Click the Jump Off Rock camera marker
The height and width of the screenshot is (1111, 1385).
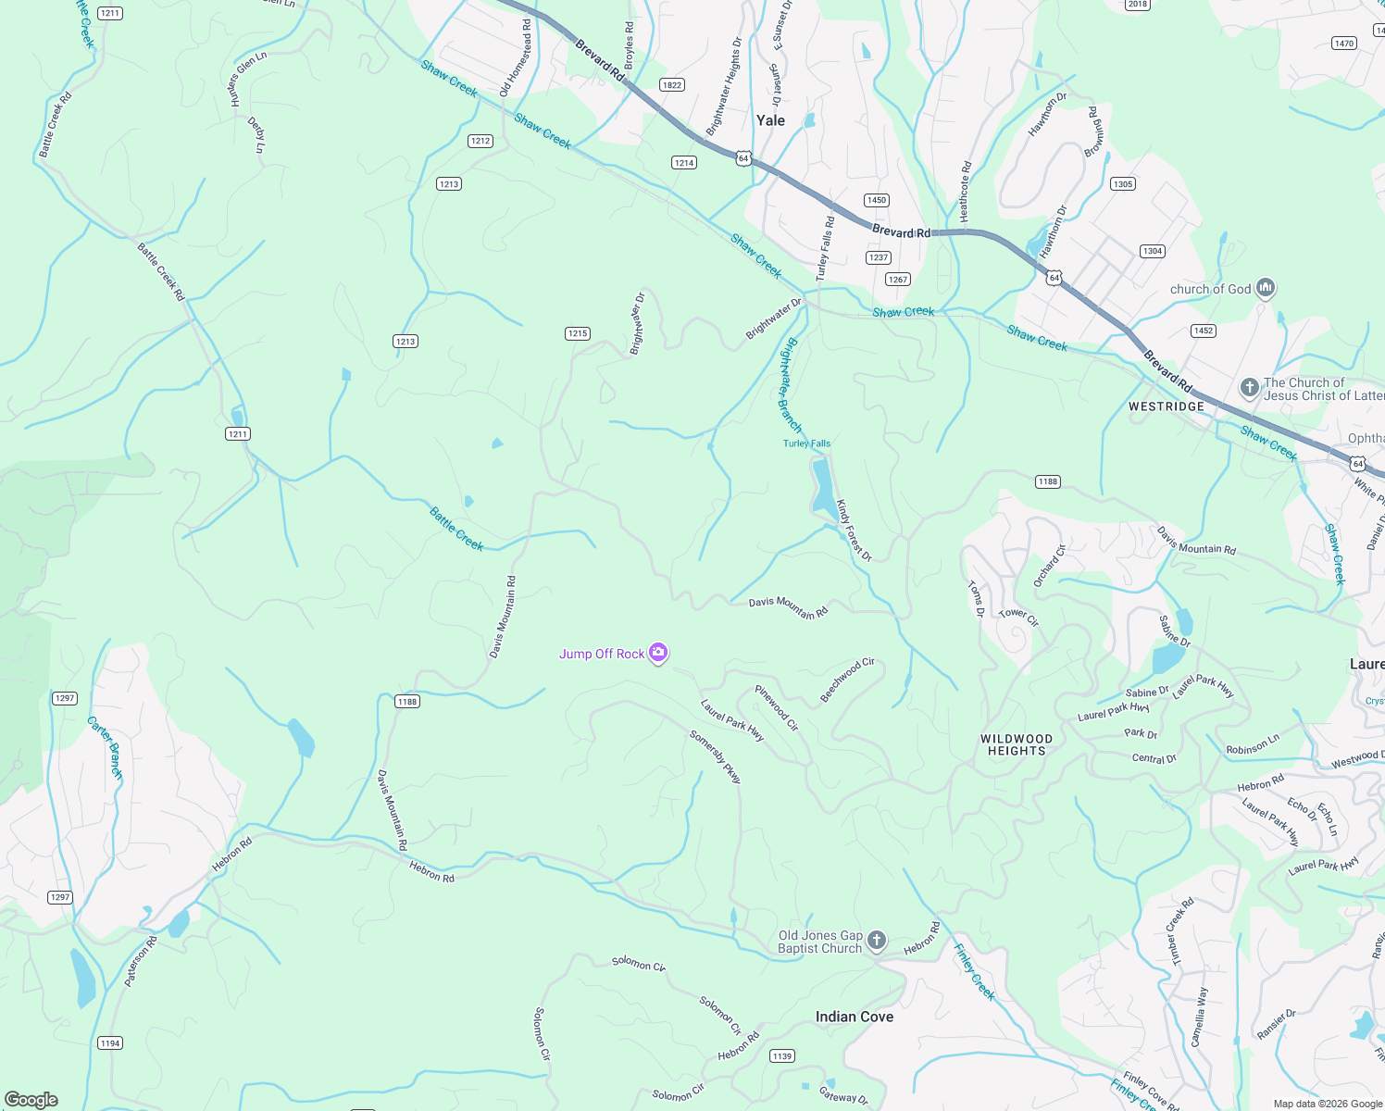(x=658, y=654)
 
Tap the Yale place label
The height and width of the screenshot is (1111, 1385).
(x=770, y=120)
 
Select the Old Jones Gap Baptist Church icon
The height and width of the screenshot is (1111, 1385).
(x=877, y=942)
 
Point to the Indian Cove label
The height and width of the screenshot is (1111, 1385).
(x=854, y=1017)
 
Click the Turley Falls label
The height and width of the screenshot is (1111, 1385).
(x=806, y=443)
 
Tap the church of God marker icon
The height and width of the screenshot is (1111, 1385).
(x=1266, y=289)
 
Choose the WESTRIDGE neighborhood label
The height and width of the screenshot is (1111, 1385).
(x=1167, y=406)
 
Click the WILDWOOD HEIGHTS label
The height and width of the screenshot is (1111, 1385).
(x=1017, y=745)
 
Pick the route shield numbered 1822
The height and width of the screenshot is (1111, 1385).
(x=671, y=85)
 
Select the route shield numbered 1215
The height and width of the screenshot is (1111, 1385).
(x=578, y=333)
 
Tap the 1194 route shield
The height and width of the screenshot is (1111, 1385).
(x=110, y=1042)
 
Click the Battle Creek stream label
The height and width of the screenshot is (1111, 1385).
(x=456, y=529)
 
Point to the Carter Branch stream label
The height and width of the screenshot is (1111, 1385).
(x=106, y=747)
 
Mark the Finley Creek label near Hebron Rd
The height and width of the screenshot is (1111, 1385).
(x=974, y=972)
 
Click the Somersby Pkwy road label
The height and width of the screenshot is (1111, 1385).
(x=716, y=757)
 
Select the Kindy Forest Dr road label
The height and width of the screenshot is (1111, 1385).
(x=854, y=531)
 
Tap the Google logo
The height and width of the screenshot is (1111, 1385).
(x=31, y=1100)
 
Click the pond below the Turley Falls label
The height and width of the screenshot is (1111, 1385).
(x=821, y=486)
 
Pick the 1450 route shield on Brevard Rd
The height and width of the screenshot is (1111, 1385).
(x=876, y=200)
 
